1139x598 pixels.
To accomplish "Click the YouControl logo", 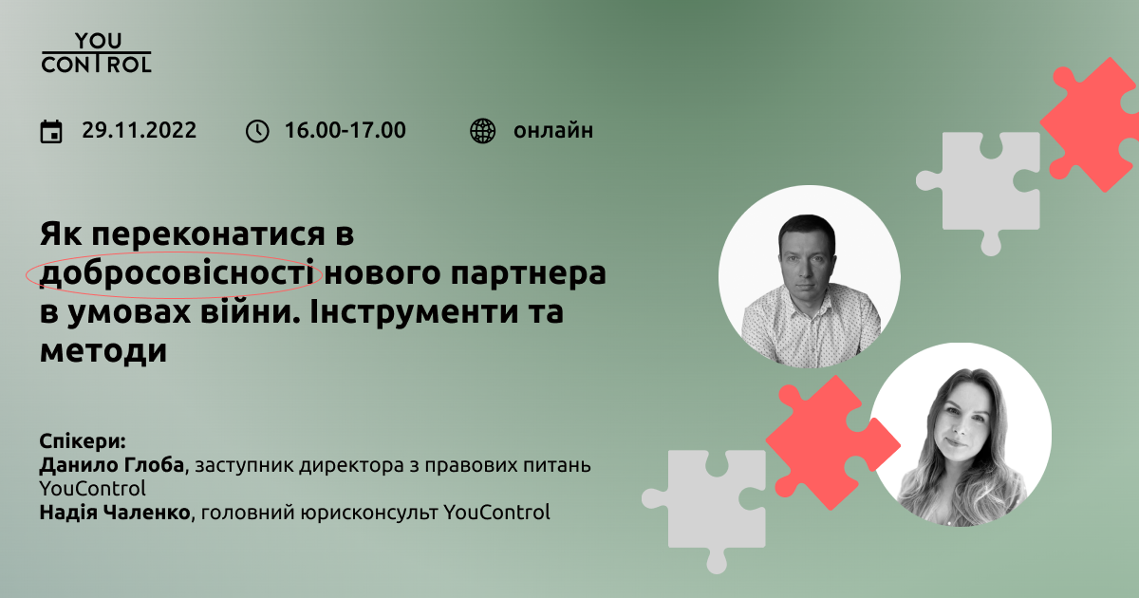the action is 96,53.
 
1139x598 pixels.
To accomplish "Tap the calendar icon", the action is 51,132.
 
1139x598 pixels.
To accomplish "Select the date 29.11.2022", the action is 139,131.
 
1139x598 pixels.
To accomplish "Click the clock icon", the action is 257,131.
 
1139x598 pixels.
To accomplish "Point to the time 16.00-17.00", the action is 345,131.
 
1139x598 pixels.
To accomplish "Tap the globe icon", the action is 482,131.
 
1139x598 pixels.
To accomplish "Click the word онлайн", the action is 553,131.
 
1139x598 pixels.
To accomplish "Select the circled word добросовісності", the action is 177,273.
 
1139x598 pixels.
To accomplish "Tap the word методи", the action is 103,351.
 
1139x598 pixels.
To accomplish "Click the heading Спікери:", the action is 83,440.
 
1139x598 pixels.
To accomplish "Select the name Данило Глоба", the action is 112,465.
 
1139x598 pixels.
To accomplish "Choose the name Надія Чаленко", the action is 115,512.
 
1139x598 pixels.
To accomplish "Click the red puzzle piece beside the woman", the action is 833,443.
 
